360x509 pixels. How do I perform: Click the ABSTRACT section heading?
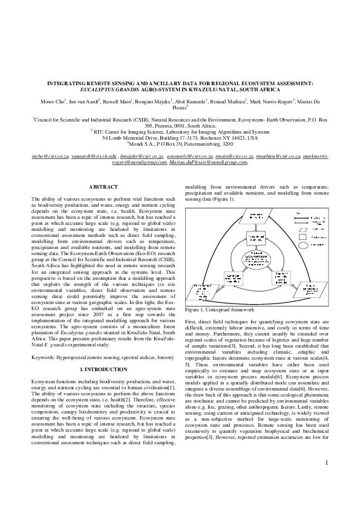click(103, 187)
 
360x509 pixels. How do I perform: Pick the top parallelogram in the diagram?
click(256, 216)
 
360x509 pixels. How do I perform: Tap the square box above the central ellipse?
click(256, 237)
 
